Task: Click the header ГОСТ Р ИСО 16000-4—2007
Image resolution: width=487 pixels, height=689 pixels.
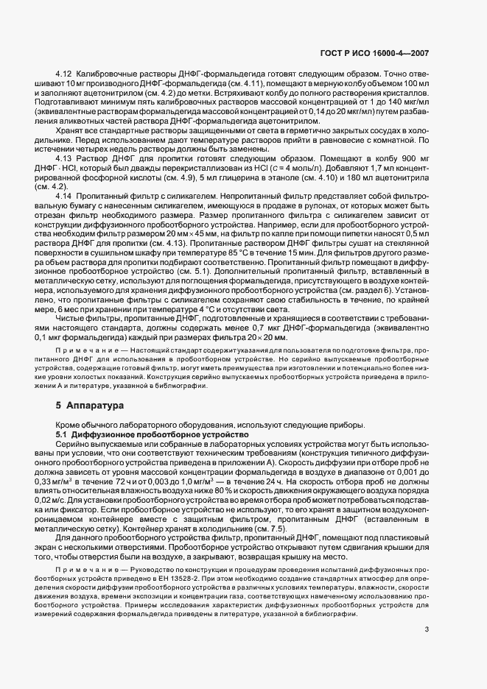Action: click(x=376, y=53)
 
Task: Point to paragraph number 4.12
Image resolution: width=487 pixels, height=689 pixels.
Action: click(x=64, y=76)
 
